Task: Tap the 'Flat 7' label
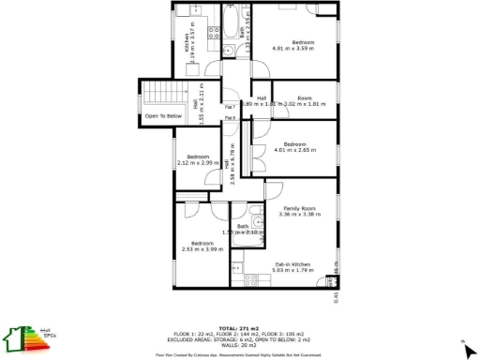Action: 230,107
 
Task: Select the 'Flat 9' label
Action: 230,118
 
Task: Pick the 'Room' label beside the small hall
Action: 305,98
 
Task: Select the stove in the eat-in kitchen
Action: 251,278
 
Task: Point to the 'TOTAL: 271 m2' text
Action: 240,328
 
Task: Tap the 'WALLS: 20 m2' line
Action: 240,345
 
